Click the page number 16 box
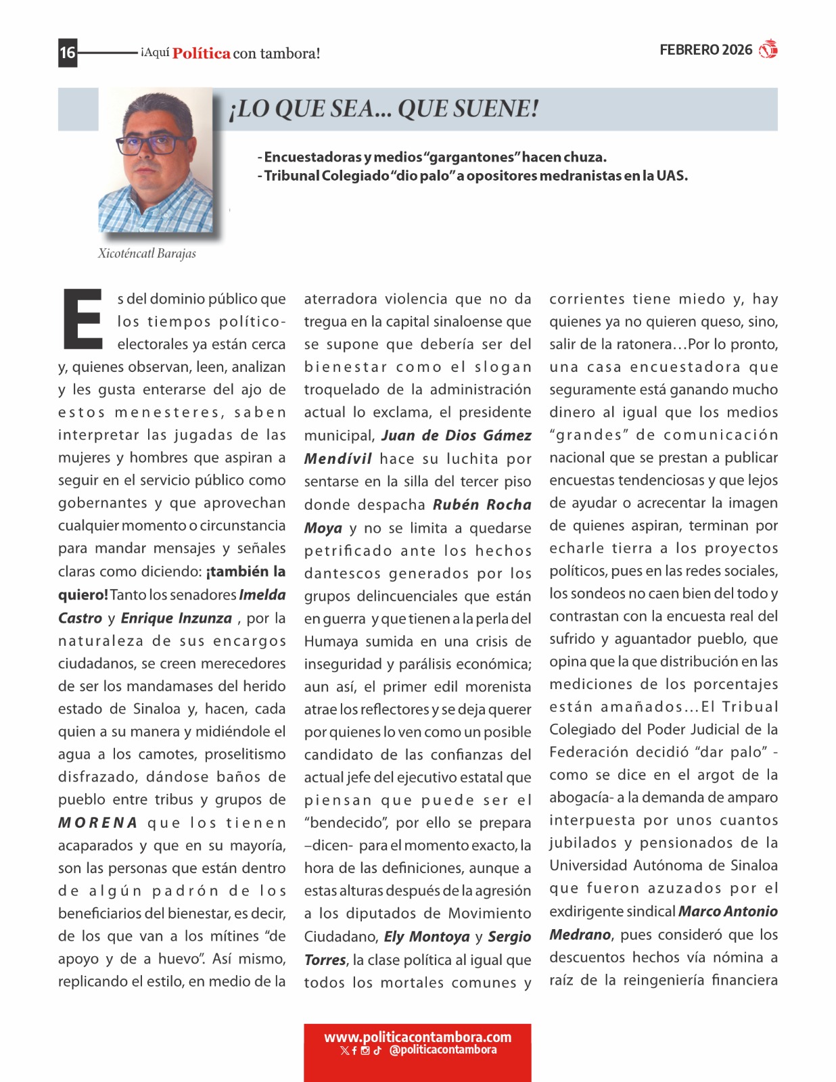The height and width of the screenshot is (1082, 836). pyautogui.click(x=68, y=53)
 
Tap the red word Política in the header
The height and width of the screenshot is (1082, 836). pyautogui.click(x=201, y=53)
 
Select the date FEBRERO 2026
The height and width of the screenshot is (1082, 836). pyautogui.click(x=705, y=50)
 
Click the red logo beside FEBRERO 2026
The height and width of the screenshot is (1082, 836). pyautogui.click(x=768, y=49)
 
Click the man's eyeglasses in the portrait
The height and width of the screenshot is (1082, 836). pyautogui.click(x=153, y=144)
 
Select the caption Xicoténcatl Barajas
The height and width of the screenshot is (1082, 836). pyautogui.click(x=147, y=254)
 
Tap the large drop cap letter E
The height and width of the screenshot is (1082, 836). pyautogui.click(x=83, y=319)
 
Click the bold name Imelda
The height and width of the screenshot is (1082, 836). pyautogui.click(x=262, y=595)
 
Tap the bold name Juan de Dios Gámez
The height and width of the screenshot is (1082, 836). pyautogui.click(x=457, y=436)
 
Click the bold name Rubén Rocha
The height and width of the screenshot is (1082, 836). pyautogui.click(x=482, y=504)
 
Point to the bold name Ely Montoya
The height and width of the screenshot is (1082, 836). pyautogui.click(x=427, y=937)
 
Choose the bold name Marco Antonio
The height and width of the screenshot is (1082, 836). pyautogui.click(x=728, y=912)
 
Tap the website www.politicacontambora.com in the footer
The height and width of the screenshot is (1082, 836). pyautogui.click(x=417, y=1037)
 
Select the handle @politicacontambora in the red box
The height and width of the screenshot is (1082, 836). pyautogui.click(x=443, y=1050)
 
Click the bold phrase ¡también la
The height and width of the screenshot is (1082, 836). pyautogui.click(x=246, y=571)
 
